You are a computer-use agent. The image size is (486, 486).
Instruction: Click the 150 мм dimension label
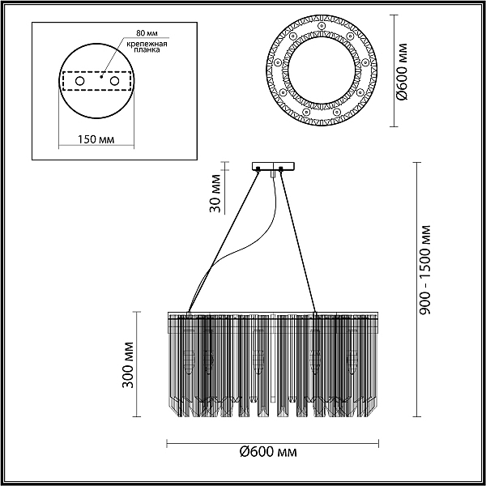[96, 139]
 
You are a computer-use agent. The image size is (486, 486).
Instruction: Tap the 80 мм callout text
[147, 33]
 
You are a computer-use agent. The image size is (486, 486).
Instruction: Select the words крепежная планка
[147, 46]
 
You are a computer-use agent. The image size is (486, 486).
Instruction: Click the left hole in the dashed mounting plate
[79, 81]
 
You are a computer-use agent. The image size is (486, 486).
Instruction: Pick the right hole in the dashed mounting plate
[114, 81]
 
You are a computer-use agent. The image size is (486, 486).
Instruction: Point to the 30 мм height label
[215, 194]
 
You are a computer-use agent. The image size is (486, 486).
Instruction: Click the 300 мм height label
[128, 364]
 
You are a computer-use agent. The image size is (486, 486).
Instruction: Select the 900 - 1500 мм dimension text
[424, 270]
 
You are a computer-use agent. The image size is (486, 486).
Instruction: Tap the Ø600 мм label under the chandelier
[268, 452]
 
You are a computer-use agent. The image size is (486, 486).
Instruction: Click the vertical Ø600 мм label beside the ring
[403, 71]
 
